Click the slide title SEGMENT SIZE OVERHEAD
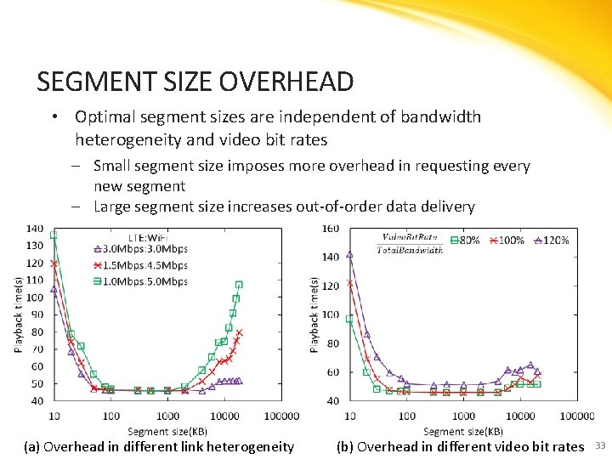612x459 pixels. (195, 82)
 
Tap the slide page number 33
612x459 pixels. (600, 445)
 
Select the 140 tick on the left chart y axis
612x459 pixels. (36, 229)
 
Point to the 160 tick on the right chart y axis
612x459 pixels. (330, 229)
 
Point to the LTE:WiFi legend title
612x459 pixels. (147, 236)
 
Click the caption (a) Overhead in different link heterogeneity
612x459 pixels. (159, 446)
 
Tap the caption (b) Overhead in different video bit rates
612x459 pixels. (460, 446)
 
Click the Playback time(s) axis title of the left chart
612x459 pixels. (18, 314)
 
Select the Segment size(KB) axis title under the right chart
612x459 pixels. (462, 432)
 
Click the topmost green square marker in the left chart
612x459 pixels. (54, 235)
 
